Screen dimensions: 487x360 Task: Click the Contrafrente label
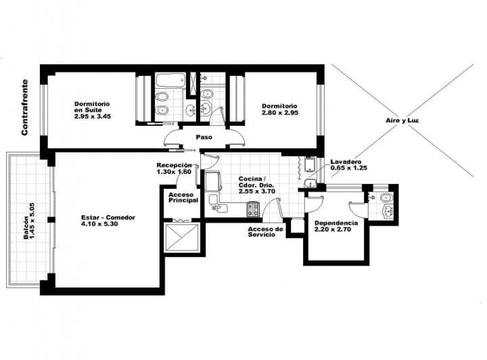click(24, 108)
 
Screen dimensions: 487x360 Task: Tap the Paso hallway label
click(204, 137)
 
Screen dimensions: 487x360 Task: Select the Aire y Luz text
click(402, 120)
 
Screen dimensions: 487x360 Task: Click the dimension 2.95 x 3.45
click(93, 116)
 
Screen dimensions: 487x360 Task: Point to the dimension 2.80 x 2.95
click(280, 113)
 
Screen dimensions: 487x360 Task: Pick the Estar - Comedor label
click(108, 217)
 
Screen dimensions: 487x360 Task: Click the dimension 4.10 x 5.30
click(99, 223)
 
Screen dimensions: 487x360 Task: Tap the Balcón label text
click(26, 227)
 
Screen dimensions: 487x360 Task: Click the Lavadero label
click(346, 162)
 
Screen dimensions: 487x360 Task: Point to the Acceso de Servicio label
click(266, 231)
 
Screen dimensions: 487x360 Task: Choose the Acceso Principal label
click(183, 198)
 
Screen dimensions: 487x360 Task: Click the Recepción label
click(174, 165)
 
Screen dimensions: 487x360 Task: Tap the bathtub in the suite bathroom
click(170, 80)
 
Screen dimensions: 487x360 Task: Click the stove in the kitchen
click(253, 209)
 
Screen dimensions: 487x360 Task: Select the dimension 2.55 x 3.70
click(257, 192)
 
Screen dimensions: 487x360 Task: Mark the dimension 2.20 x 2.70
click(333, 229)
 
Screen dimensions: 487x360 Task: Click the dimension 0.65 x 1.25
click(348, 168)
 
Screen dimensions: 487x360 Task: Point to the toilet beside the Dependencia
click(387, 198)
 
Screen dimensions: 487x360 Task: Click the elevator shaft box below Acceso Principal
click(183, 237)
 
